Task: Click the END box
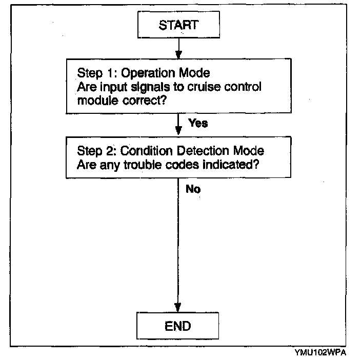178,325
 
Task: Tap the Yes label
198,123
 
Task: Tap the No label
193,189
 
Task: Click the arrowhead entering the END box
178,307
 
